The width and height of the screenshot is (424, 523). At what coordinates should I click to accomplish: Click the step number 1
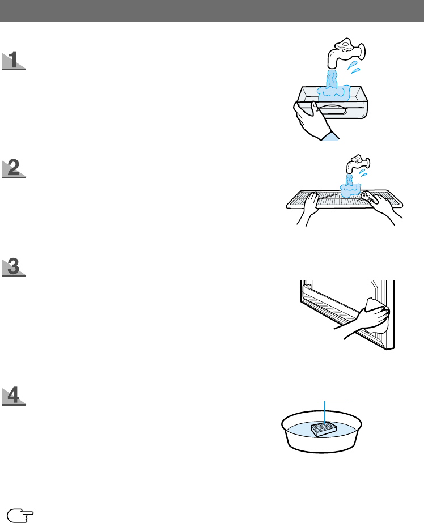pos(14,60)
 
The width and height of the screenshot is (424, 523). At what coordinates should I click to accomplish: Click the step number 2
pos(14,168)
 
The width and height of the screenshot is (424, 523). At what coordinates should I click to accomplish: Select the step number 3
pos(14,267)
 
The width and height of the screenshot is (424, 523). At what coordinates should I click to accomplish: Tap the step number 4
pos(14,396)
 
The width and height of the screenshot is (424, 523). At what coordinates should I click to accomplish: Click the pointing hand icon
pos(20,515)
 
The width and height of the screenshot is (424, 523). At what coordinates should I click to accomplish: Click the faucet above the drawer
pos(346,53)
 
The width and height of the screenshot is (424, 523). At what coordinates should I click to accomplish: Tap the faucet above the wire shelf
pos(358,164)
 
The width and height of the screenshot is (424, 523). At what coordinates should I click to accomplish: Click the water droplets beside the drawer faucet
pos(354,67)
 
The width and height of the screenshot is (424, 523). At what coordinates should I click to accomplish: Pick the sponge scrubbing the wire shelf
pos(369,197)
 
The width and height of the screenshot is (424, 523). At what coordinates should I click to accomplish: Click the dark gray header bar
pos(212,11)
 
